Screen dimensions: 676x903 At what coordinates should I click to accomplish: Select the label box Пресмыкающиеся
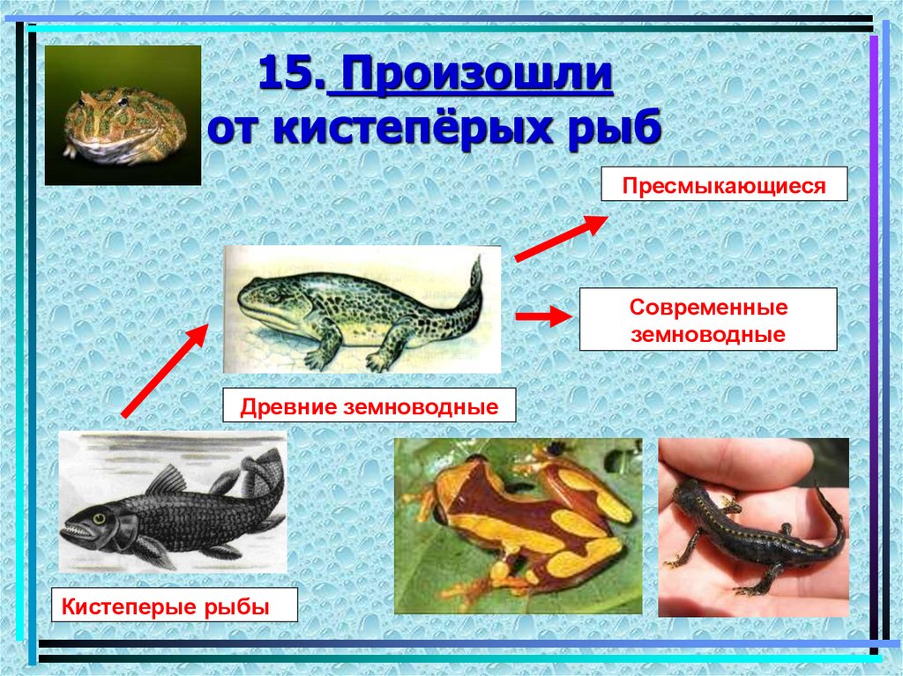[724, 186]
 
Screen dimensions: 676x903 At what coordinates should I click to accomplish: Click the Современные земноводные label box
[707, 321]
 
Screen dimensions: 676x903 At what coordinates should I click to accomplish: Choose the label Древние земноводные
[368, 407]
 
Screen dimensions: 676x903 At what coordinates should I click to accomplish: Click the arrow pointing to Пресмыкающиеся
[560, 238]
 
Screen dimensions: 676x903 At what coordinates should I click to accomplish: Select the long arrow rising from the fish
[165, 369]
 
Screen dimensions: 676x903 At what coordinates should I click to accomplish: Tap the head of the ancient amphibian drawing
[264, 300]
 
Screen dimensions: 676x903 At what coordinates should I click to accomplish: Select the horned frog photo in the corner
[123, 115]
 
